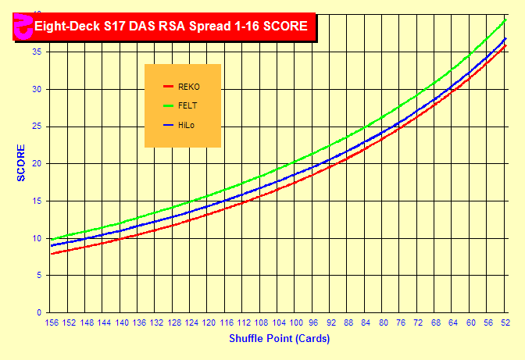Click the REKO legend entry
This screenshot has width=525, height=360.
click(188, 87)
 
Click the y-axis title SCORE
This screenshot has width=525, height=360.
click(21, 162)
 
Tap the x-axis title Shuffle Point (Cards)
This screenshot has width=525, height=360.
click(279, 339)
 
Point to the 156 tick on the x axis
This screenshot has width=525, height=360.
click(52, 323)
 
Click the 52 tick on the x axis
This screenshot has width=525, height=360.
click(505, 323)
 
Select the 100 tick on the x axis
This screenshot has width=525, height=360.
click(296, 323)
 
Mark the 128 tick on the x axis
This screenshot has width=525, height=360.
click(174, 323)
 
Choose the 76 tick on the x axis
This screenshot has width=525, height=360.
click(401, 323)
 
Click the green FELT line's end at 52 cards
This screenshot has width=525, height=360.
click(506, 20)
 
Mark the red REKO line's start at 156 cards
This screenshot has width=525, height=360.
click(52, 253)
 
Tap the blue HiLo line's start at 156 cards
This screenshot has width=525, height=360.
click(52, 245)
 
